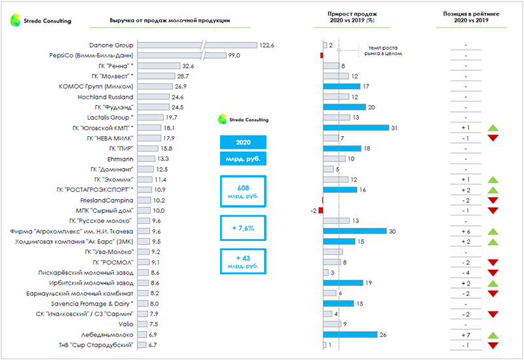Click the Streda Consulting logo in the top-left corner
click(41, 20)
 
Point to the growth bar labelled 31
click(356, 128)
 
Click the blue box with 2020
click(244, 142)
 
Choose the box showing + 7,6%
click(244, 228)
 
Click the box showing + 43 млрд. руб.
click(244, 262)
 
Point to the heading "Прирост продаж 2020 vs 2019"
click(352, 17)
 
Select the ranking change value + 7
click(465, 334)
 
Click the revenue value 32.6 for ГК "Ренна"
click(189, 66)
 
